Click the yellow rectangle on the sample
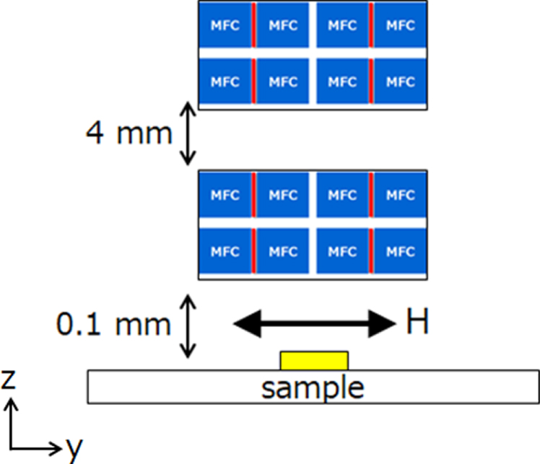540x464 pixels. click(314, 360)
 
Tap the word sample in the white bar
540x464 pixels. click(313, 388)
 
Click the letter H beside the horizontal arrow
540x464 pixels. click(417, 323)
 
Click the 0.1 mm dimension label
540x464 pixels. click(114, 324)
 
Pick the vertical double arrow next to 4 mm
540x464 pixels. click(186, 133)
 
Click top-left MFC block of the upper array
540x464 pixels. click(225, 25)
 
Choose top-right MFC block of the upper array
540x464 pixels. click(401, 25)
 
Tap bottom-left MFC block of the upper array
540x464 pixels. click(225, 81)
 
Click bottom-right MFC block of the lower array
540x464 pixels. click(401, 252)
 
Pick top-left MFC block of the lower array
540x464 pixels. click(225, 195)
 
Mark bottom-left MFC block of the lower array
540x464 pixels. click(225, 252)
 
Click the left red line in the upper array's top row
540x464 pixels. click(253, 25)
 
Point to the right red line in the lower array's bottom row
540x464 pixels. click(371, 252)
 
